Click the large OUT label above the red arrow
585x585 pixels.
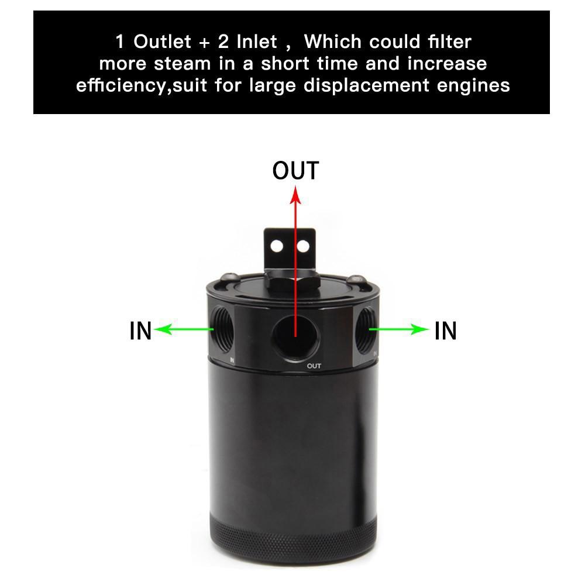click(x=295, y=171)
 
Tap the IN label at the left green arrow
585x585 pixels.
click(x=140, y=331)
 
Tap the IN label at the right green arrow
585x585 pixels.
click(x=445, y=331)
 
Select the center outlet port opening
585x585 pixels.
click(x=295, y=334)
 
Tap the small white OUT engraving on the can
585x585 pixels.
click(x=314, y=366)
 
